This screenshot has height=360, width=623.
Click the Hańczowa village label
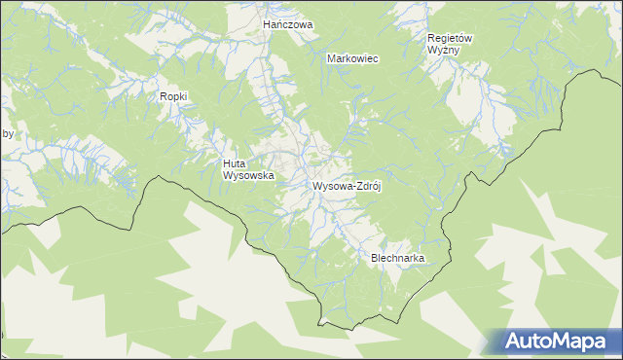(288, 23)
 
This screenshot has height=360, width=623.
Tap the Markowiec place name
(352, 58)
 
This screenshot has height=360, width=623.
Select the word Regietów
(450, 38)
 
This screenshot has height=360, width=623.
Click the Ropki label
(173, 96)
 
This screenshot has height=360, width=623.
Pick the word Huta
(234, 164)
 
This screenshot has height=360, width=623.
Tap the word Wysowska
(248, 176)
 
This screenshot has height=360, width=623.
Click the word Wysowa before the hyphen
(330, 186)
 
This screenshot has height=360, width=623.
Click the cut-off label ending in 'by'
(7, 134)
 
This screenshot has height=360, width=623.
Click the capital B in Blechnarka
(375, 258)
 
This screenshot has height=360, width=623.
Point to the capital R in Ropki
(163, 96)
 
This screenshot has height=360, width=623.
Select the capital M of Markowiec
(331, 58)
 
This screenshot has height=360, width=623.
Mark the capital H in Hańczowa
(267, 23)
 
